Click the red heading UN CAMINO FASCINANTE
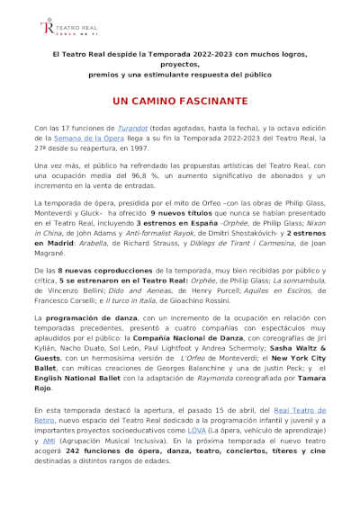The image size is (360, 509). [x=180, y=103]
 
